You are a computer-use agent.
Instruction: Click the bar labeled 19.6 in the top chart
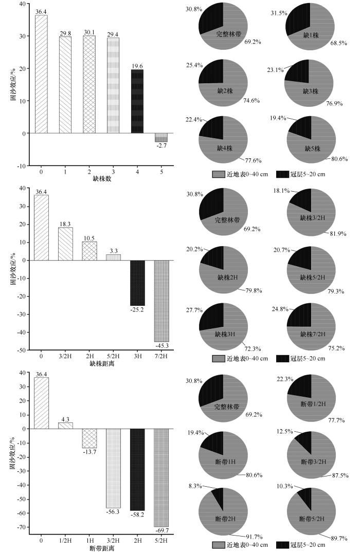[x=137, y=102]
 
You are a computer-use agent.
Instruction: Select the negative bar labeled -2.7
[x=161, y=138]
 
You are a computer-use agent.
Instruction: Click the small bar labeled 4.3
[x=65, y=425]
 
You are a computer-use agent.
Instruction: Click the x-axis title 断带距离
[x=101, y=547]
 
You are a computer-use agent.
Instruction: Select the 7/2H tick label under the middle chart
[x=161, y=356]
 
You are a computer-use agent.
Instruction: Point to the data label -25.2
[x=137, y=310]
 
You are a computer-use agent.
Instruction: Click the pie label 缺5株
[x=311, y=149]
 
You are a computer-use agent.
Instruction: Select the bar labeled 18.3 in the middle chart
[x=65, y=244]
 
